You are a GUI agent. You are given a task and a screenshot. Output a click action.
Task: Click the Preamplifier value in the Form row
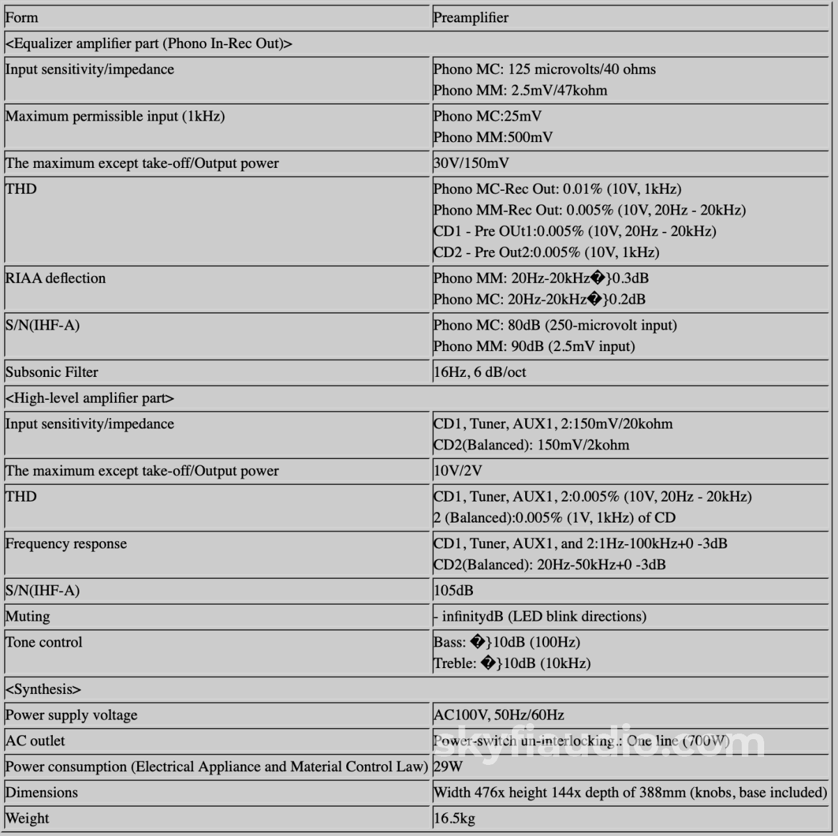(471, 18)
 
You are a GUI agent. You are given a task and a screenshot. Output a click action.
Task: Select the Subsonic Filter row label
(52, 372)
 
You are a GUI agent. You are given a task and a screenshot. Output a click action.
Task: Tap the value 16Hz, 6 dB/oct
(479, 372)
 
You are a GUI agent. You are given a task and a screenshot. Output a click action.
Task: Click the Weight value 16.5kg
(454, 819)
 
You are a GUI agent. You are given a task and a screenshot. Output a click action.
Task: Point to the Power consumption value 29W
(448, 767)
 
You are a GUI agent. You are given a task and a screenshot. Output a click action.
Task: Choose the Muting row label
(28, 617)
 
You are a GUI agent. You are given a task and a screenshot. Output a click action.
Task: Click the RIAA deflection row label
(56, 278)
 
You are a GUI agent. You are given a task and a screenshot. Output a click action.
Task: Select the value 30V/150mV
(471, 164)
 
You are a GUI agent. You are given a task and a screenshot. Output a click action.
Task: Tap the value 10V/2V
(458, 471)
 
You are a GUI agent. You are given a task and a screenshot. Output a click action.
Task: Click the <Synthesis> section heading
(43, 690)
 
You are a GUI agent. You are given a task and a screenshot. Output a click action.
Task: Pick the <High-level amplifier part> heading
(90, 398)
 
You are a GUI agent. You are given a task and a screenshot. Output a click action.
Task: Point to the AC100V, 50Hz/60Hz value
(499, 715)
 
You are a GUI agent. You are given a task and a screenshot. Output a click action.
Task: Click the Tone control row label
(44, 642)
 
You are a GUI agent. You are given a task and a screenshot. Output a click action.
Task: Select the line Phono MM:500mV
(493, 137)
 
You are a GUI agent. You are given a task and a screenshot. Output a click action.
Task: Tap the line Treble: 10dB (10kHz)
(512, 663)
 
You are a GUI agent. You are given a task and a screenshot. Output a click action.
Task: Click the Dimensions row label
(42, 793)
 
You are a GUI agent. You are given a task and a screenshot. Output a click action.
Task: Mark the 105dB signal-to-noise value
(453, 591)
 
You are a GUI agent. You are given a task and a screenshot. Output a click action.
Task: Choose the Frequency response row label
(66, 544)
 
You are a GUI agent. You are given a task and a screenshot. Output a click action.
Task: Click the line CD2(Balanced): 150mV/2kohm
(531, 445)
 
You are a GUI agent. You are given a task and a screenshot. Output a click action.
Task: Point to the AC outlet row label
(35, 741)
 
